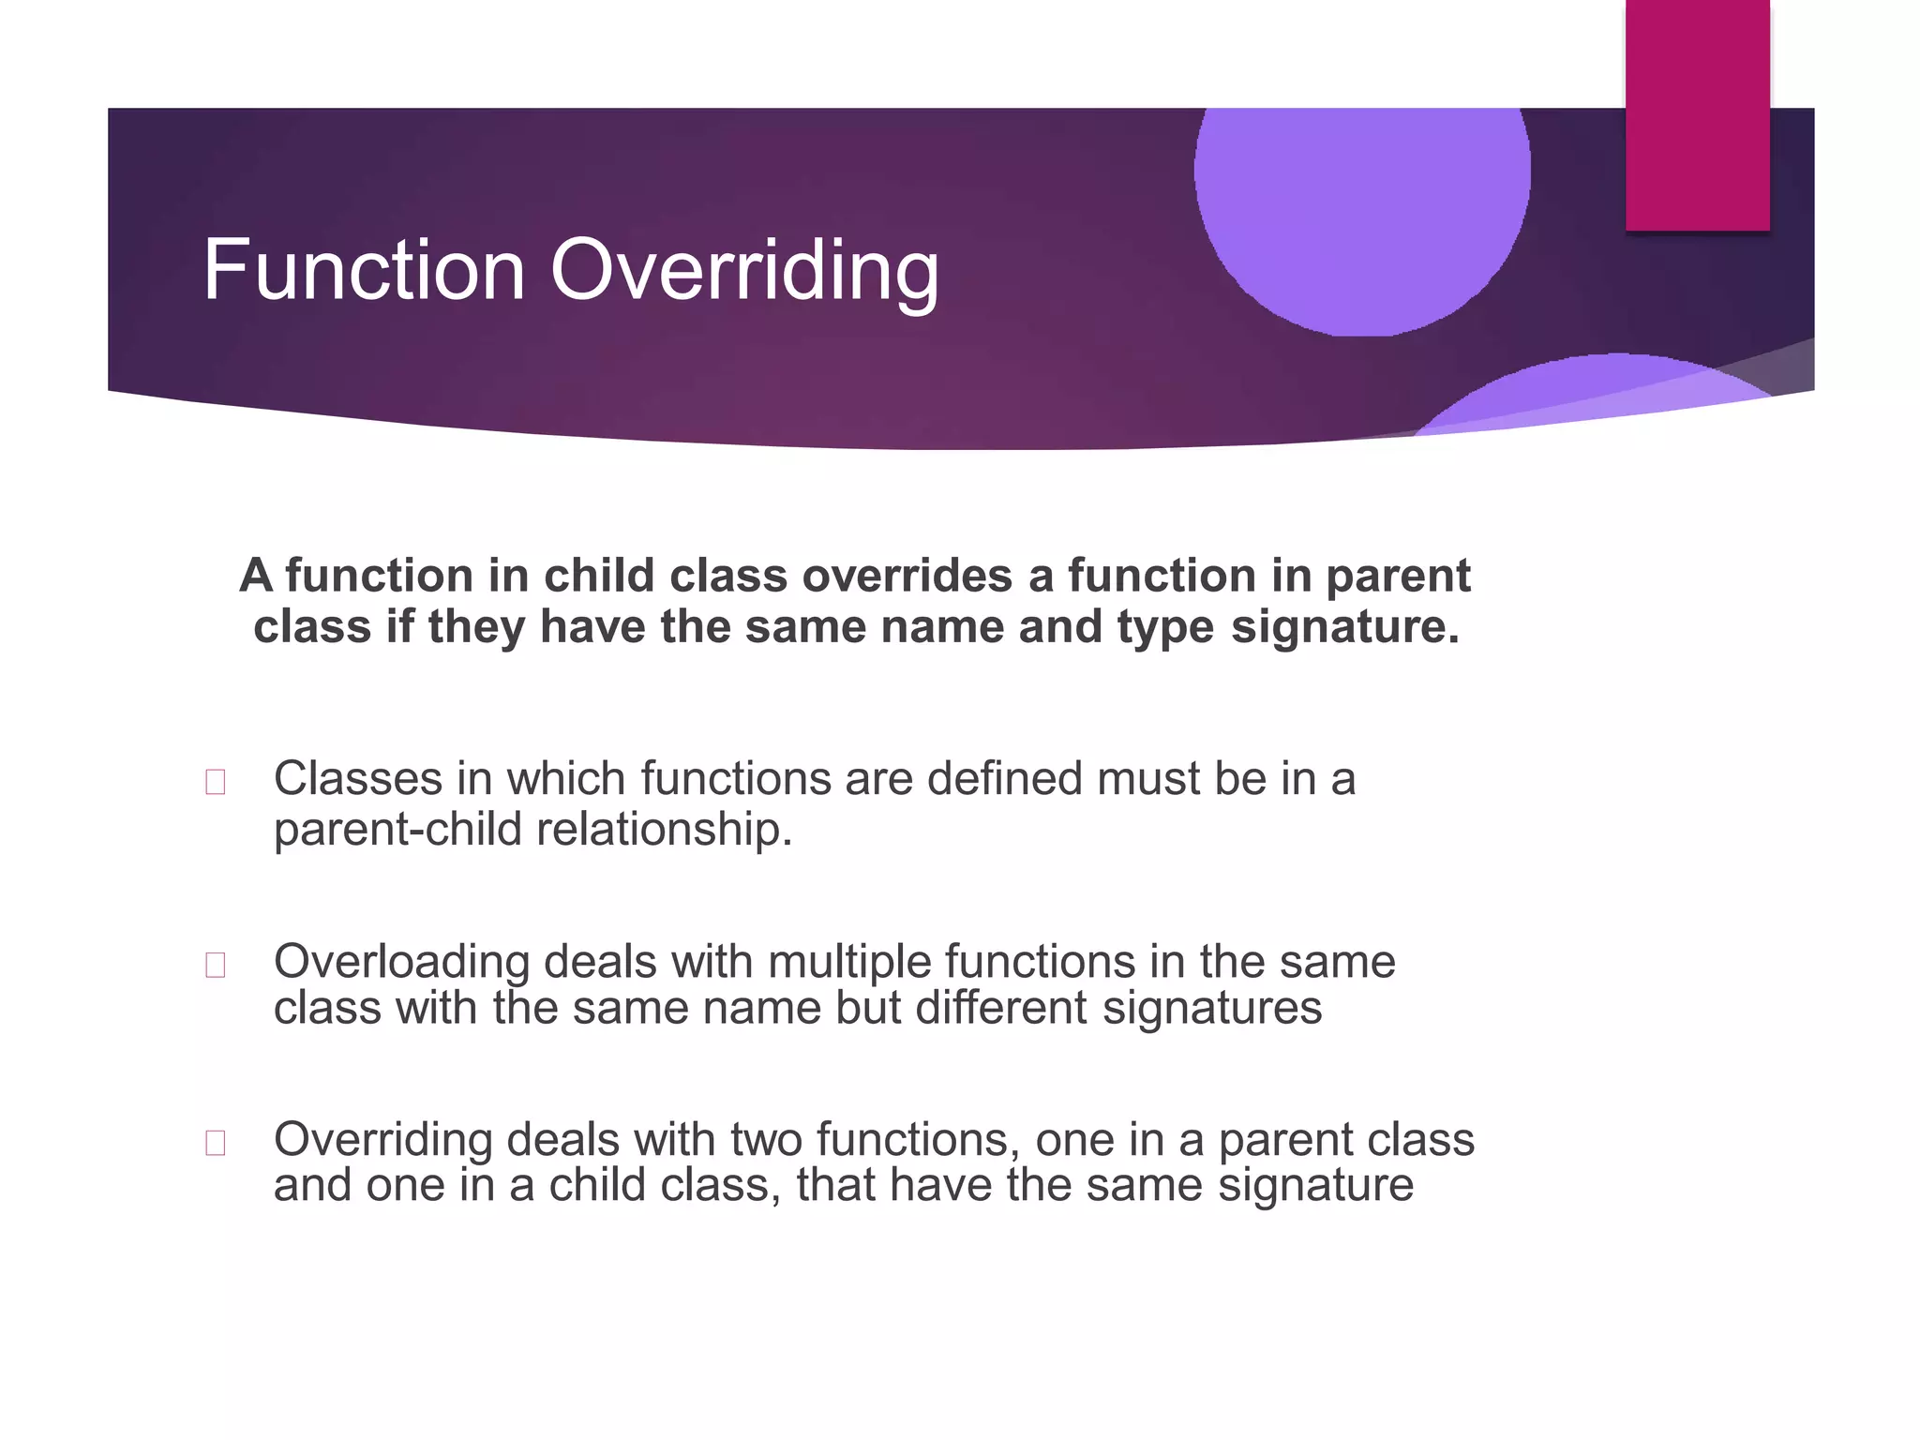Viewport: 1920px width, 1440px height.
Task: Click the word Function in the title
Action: [x=364, y=270]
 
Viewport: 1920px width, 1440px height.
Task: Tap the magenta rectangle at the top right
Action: [x=1697, y=114]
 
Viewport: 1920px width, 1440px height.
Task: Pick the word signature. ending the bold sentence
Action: [x=1344, y=626]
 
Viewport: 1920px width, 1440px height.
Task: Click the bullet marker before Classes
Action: [x=215, y=782]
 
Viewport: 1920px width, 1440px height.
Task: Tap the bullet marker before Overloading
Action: [x=215, y=965]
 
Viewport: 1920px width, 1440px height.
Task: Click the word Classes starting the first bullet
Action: [x=357, y=779]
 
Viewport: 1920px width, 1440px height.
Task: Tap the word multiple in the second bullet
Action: [x=848, y=963]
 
